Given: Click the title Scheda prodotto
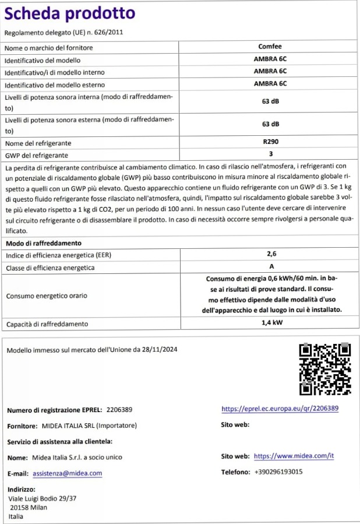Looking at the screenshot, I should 69,13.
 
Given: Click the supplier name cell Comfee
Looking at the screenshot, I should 270,46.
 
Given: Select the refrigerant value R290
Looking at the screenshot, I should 270,142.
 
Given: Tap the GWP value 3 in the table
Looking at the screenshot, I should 270,154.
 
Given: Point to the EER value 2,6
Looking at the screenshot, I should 270,254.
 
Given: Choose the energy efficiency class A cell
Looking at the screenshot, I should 270,266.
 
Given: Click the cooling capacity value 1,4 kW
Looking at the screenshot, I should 270,323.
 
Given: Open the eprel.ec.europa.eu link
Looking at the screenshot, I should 280,409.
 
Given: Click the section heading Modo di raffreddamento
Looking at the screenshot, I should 43,242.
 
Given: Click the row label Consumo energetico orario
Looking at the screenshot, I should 47,296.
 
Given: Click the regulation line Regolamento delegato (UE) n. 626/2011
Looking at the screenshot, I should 64,33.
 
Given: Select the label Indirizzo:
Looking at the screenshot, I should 22,490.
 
